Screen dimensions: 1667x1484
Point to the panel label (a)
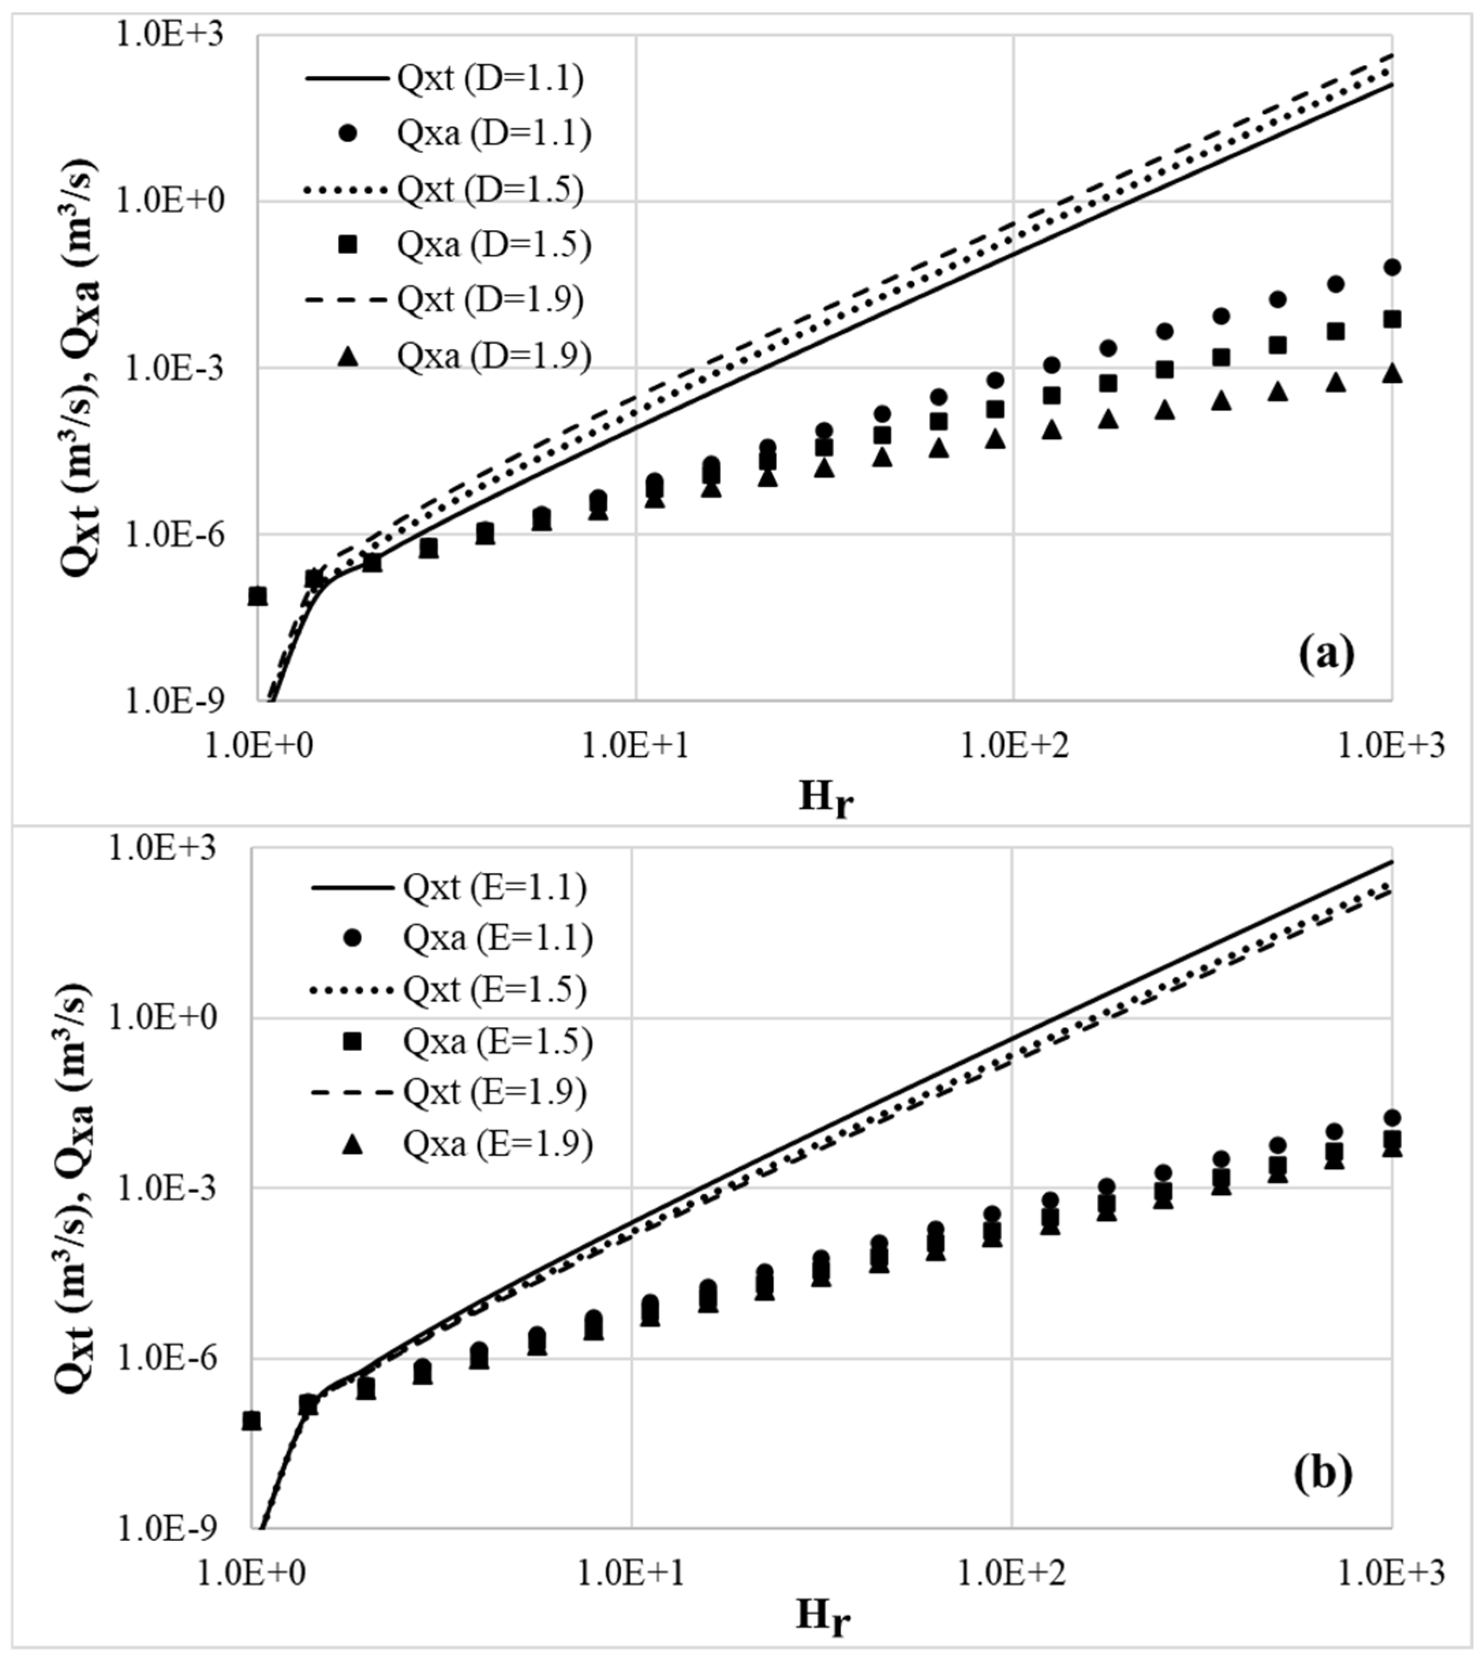point(1327,654)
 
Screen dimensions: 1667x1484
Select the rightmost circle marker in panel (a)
point(1392,267)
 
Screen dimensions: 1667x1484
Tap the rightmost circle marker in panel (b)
point(1392,1117)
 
